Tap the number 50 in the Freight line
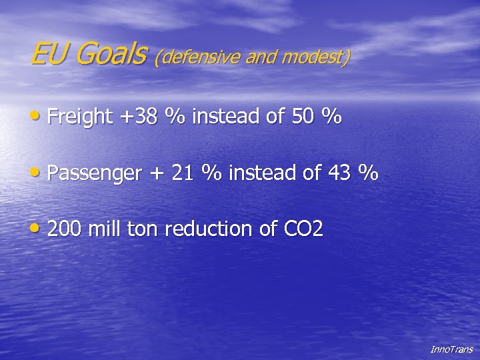tap(303, 119)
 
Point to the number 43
tap(339, 174)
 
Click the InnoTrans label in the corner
tap(451, 349)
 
